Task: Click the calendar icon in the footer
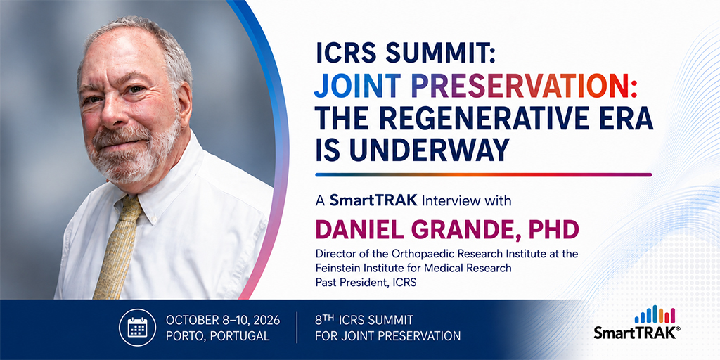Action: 137,327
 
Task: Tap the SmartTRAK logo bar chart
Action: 655,314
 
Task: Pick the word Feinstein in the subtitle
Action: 335,268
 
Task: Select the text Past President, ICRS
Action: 366,283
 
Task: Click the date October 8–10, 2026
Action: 222,320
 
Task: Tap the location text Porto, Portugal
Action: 217,335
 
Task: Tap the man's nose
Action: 113,109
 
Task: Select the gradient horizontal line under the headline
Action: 483,175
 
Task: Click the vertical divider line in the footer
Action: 297,328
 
